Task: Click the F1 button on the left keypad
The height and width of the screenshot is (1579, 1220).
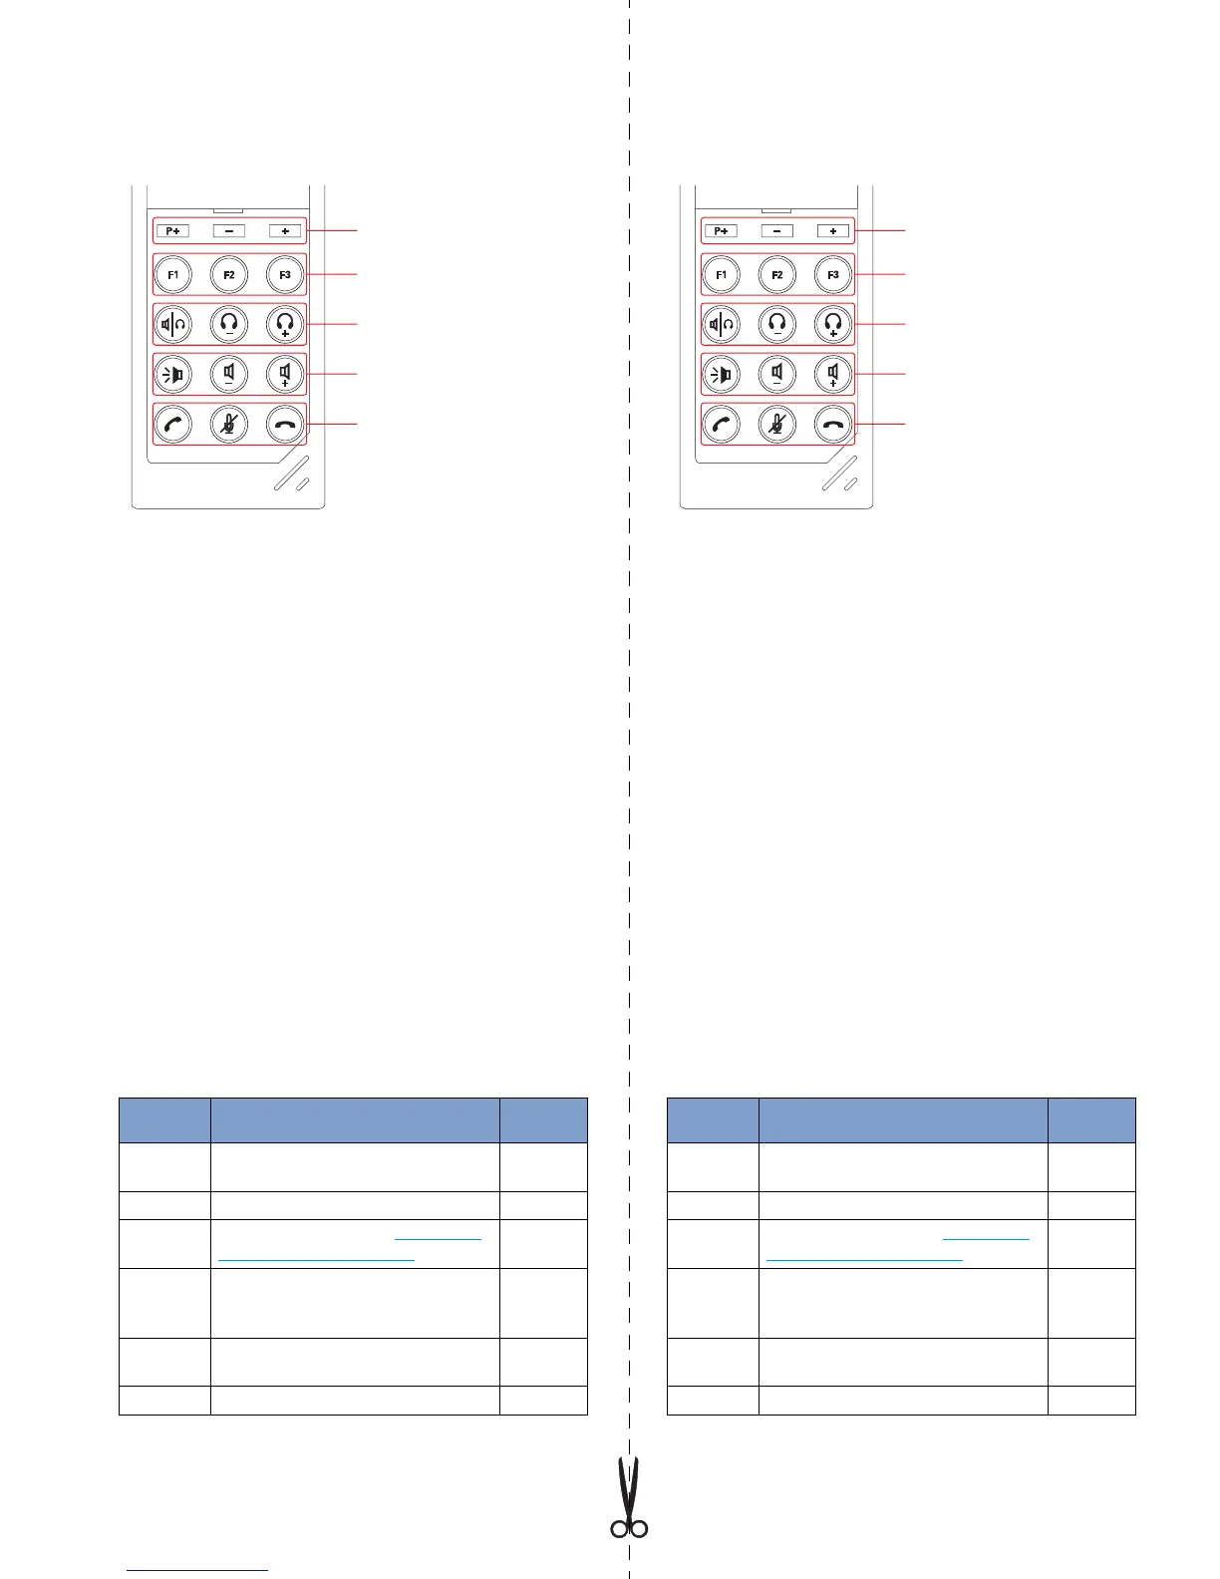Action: click(x=173, y=274)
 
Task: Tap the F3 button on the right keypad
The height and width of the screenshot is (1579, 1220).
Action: click(x=833, y=274)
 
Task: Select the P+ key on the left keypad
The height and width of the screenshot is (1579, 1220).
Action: click(x=173, y=231)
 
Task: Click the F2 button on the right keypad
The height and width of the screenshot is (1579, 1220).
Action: click(x=777, y=274)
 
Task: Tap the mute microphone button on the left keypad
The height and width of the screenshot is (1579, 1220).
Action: click(x=229, y=424)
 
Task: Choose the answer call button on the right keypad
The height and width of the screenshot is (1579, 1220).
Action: click(x=722, y=424)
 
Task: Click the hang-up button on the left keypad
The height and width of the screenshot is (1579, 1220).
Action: click(x=286, y=424)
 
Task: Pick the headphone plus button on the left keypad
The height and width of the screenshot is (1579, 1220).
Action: click(x=286, y=324)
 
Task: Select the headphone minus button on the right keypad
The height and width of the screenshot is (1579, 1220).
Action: click(x=777, y=324)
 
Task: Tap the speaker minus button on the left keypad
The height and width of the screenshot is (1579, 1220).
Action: click(x=229, y=375)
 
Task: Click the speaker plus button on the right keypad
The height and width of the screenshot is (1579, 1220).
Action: click(x=833, y=375)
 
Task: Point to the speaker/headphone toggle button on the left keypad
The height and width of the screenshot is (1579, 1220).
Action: click(x=173, y=324)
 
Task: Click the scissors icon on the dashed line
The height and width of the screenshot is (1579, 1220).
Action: click(x=629, y=1499)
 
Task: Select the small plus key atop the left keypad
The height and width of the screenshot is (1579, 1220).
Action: click(x=285, y=231)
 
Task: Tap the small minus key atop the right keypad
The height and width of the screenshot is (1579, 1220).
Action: click(x=777, y=231)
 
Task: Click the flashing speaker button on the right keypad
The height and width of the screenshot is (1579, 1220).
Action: click(x=722, y=375)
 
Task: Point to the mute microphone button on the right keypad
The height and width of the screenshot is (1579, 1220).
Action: click(x=777, y=424)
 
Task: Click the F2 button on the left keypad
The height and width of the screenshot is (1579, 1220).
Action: click(x=229, y=274)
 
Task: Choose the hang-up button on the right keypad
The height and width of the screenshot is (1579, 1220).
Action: click(x=833, y=424)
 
